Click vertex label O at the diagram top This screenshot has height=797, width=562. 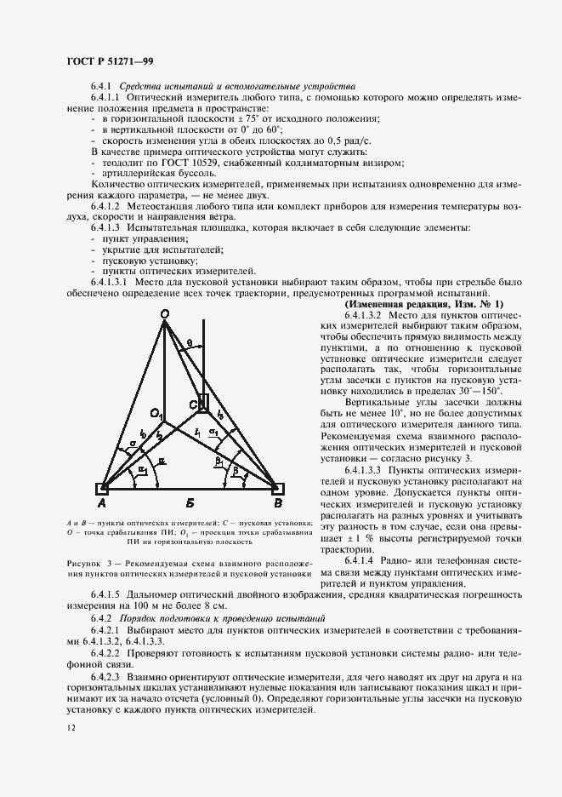166,314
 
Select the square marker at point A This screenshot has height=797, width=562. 101,490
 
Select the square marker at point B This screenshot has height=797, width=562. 277,490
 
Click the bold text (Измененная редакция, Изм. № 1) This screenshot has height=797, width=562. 423,304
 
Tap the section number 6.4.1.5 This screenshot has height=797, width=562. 106,593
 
